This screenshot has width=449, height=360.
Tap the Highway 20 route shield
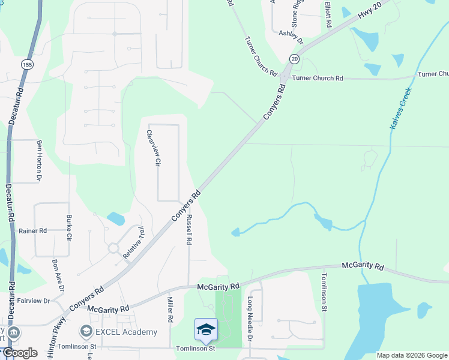(294, 58)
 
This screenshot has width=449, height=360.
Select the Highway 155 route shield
(26, 64)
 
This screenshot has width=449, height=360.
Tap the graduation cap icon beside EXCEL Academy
(86, 332)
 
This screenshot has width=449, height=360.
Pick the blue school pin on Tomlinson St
(206, 330)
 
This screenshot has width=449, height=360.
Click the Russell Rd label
(188, 229)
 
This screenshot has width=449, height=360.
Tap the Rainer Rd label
(32, 230)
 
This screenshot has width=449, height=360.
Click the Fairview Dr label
(34, 301)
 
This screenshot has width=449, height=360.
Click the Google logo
(20, 353)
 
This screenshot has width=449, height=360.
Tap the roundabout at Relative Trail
(113, 248)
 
